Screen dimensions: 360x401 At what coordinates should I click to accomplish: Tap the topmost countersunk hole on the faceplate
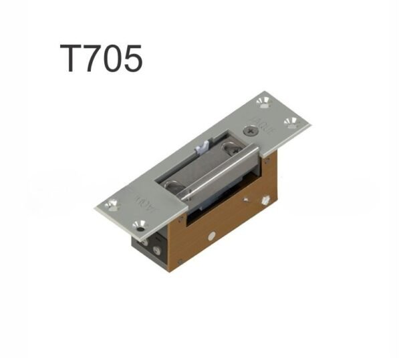tap(262, 102)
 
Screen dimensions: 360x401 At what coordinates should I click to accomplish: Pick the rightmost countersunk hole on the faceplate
tap(291, 122)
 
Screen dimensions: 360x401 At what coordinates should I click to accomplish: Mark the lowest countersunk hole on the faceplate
tap(139, 224)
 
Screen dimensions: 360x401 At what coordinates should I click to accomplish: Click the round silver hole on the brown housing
tap(212, 234)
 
